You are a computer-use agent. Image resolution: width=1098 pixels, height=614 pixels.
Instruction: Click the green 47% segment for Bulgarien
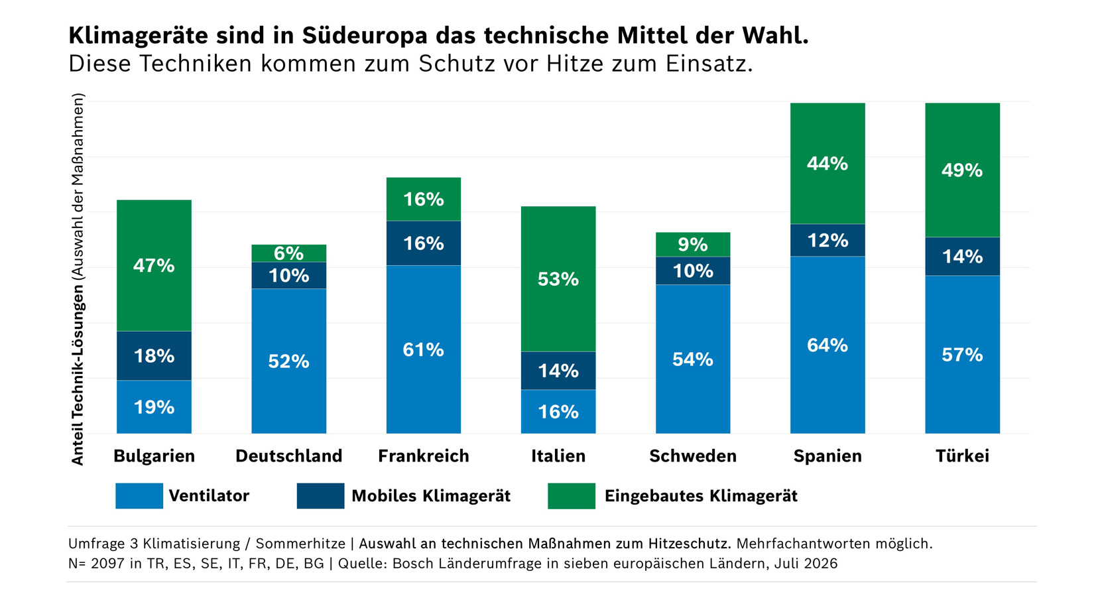(154, 266)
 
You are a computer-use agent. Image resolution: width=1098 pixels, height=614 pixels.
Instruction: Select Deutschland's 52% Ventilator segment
(288, 361)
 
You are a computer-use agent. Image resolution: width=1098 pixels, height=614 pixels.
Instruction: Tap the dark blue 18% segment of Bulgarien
(154, 356)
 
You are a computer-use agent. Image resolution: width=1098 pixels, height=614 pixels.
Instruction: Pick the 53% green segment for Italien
(558, 279)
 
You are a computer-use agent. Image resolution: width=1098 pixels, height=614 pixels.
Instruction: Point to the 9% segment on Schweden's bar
(693, 245)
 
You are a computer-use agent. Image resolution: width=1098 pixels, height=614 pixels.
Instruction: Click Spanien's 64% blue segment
(827, 345)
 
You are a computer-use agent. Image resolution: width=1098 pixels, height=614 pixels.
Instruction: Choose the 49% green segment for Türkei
(962, 170)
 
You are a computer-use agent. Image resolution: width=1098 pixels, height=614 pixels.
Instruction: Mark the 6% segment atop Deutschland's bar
(288, 253)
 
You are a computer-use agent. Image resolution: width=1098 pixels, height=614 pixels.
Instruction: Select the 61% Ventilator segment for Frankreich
(424, 349)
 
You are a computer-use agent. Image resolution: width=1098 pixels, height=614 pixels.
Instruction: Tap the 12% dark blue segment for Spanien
(827, 240)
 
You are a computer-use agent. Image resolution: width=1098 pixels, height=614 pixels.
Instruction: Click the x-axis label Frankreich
(424, 456)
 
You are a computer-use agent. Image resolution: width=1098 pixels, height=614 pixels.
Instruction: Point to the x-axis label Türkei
(962, 456)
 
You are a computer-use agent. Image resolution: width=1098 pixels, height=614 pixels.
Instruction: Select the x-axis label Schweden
(693, 456)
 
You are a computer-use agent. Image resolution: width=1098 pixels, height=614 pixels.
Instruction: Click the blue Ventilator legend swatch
(139, 496)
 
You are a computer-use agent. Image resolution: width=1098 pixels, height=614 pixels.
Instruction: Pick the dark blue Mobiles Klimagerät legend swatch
(320, 496)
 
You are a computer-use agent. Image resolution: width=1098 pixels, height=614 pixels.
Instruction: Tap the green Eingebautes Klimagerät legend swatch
(572, 496)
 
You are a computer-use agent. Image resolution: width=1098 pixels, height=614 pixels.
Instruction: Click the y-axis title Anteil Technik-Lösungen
(78, 375)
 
